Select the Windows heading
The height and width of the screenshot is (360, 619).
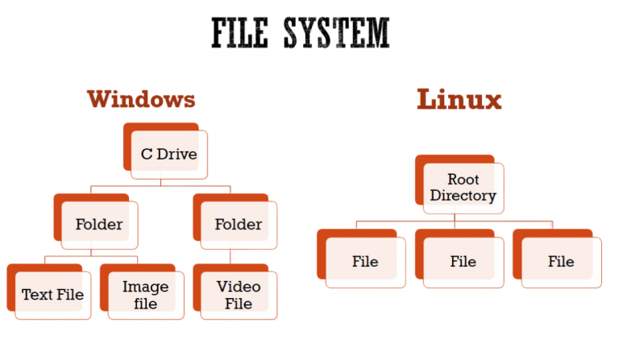[141, 99]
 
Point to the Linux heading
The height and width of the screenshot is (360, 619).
[459, 100]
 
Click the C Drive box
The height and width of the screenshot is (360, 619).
[168, 153]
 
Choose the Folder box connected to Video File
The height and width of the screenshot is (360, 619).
[238, 224]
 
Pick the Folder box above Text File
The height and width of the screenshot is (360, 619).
[98, 224]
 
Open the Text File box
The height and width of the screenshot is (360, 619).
[52, 294]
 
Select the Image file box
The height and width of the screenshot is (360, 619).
[145, 295]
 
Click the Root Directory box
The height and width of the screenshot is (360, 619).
[463, 187]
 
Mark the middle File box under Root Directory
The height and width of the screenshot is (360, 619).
[463, 261]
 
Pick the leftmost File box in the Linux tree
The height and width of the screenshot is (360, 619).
[364, 261]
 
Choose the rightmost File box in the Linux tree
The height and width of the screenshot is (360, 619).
[561, 261]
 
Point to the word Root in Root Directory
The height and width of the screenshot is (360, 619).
[463, 179]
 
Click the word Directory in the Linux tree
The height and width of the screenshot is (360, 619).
[463, 196]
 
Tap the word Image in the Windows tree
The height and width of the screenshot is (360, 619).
[145, 287]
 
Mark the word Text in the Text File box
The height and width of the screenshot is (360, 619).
[37, 294]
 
